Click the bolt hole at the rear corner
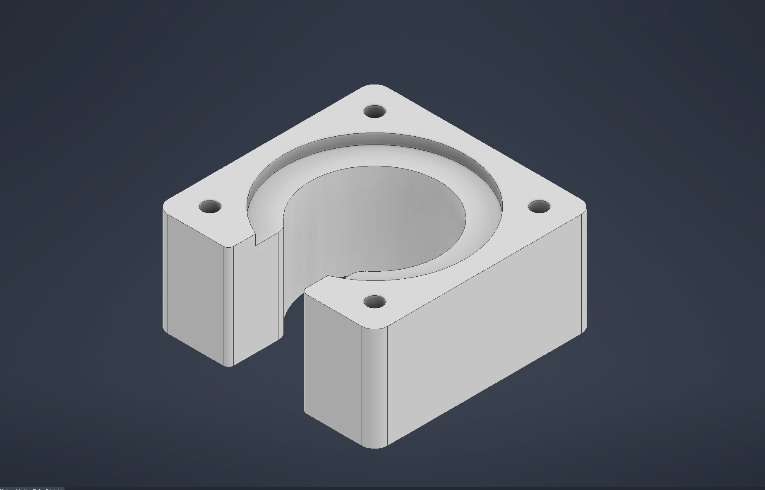tap(375, 112)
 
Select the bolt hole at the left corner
tap(210, 207)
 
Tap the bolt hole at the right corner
tap(540, 207)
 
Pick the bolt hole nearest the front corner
tap(375, 302)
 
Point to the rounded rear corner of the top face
tap(374, 88)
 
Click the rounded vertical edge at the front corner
tap(374, 385)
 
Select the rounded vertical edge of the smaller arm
tap(229, 307)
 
